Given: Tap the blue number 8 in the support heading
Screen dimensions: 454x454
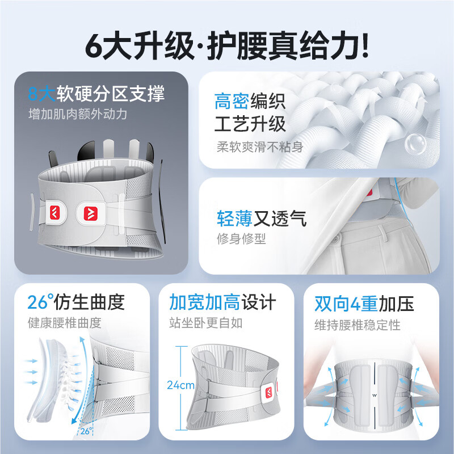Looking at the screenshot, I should click(x=35, y=93).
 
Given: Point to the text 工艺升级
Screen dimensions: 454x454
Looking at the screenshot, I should click(x=250, y=123).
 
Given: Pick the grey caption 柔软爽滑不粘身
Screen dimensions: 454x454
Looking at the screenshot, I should click(x=260, y=146).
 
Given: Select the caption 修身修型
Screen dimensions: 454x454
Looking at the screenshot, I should click(x=241, y=239).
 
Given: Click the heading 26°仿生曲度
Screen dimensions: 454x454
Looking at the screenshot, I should click(x=75, y=302).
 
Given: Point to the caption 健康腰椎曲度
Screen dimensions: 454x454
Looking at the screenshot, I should click(x=65, y=323).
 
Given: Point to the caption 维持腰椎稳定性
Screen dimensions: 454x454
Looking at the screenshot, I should click(x=358, y=324).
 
